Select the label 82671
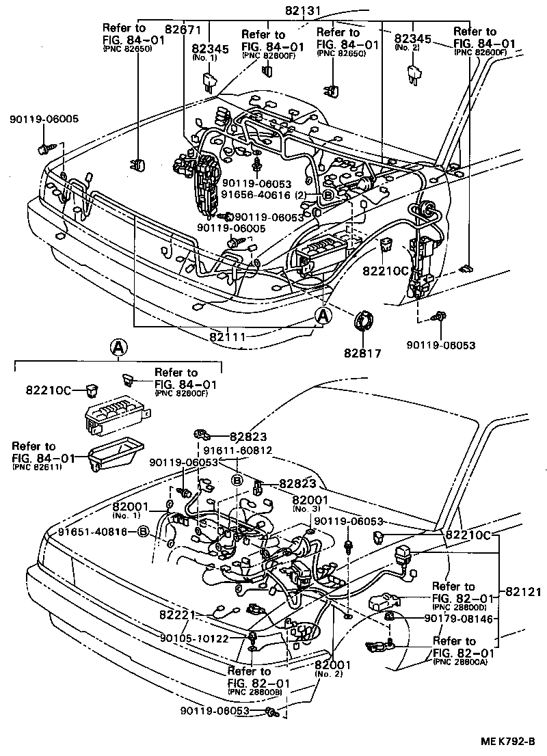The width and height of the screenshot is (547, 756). (x=185, y=29)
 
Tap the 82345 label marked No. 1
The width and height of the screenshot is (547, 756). (x=211, y=49)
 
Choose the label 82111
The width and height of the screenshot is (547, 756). (x=229, y=337)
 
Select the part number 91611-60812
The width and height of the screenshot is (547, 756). (x=237, y=450)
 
